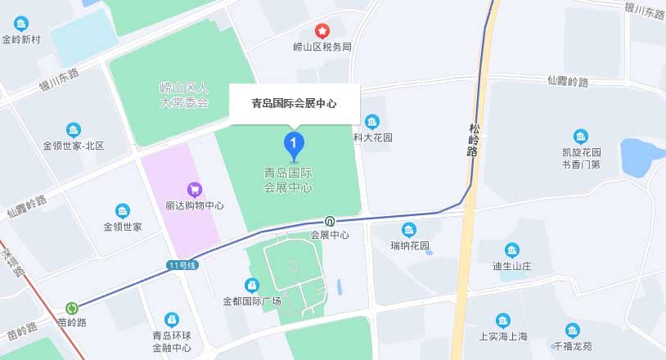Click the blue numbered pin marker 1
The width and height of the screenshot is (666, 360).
pyautogui.click(x=295, y=145)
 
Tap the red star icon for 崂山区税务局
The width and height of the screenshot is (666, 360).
pyautogui.click(x=322, y=31)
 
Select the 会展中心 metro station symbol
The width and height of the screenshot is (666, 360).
pyautogui.click(x=330, y=221)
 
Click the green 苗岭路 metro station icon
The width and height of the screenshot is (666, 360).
pyautogui.click(x=72, y=308)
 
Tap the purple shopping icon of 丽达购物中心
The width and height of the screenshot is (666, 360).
pyautogui.click(x=194, y=190)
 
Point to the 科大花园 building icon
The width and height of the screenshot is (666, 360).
pyautogui.click(x=372, y=122)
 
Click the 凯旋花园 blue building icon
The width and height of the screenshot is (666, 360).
pyautogui.click(x=580, y=137)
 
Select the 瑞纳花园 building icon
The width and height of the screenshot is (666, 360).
pyautogui.click(x=409, y=230)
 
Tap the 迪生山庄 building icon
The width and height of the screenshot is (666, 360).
pyautogui.click(x=512, y=250)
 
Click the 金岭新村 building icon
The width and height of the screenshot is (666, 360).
pyautogui.click(x=20, y=24)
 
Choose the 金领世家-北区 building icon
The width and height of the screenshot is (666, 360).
pyautogui.click(x=74, y=130)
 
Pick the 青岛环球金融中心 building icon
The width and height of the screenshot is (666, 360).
pyautogui.click(x=172, y=319)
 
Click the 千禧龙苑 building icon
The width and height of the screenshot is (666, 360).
pyautogui.click(x=572, y=331)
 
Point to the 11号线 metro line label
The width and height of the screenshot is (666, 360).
pyautogui.click(x=182, y=265)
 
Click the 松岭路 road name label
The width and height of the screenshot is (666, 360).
pyautogui.click(x=474, y=139)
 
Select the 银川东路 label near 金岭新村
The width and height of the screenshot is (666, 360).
pyautogui.click(x=60, y=80)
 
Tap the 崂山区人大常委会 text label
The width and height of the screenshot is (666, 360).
pyautogui.click(x=184, y=95)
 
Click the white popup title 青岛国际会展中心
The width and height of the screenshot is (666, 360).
pyautogui.click(x=294, y=104)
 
